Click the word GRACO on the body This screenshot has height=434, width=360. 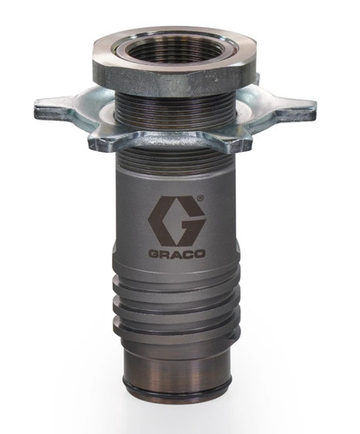click(x=177, y=254)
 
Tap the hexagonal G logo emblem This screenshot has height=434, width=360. click(x=177, y=220)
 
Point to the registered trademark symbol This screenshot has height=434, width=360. click(x=200, y=198)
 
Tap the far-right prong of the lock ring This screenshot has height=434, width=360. click(x=295, y=109)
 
